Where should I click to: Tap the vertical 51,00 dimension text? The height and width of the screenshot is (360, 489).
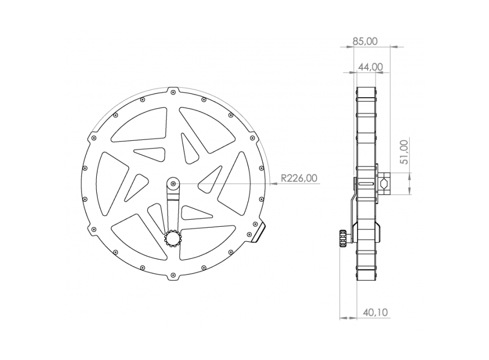click(x=404, y=152)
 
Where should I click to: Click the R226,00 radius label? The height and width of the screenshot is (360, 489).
click(x=299, y=178)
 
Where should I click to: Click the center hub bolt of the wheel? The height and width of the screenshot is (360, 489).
click(x=173, y=184)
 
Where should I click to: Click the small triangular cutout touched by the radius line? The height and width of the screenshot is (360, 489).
click(x=211, y=177)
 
